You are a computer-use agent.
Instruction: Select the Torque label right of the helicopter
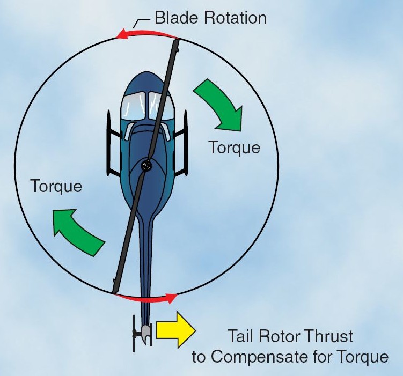(234, 147)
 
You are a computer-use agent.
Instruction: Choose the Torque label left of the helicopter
(56, 186)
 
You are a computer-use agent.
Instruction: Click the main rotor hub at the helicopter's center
(146, 166)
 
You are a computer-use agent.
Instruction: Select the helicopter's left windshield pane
(132, 105)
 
